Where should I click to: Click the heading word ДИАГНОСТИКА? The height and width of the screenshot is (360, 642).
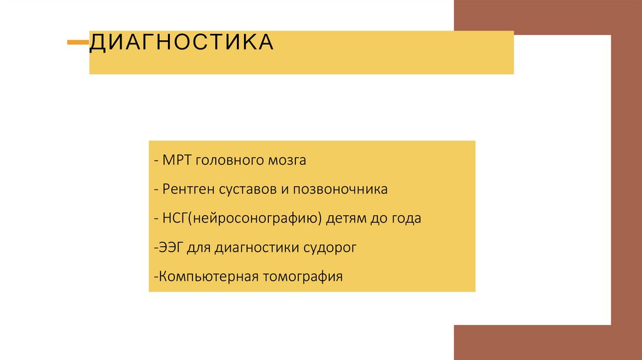(x=181, y=43)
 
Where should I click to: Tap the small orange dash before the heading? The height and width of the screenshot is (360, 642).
(x=78, y=43)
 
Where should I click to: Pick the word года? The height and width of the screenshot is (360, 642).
(x=406, y=219)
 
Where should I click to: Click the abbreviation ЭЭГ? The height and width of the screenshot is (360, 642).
(x=167, y=247)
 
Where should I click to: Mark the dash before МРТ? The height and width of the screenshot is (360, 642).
(x=154, y=161)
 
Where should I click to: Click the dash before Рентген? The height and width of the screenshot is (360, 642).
(x=154, y=189)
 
